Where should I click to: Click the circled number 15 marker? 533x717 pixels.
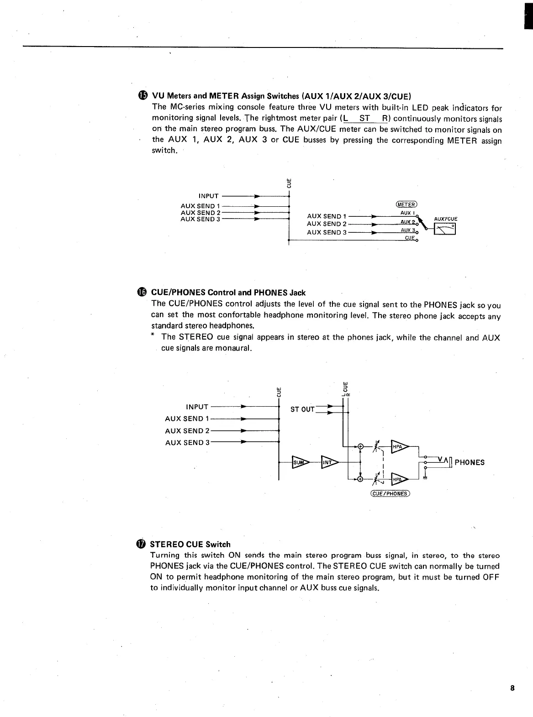(143, 95)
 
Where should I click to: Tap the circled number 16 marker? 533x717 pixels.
(142, 292)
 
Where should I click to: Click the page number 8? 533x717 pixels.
(512, 688)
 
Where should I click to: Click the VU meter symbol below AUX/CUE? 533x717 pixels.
(445, 232)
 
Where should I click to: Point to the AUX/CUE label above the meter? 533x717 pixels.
(445, 219)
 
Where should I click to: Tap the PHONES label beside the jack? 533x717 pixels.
(470, 462)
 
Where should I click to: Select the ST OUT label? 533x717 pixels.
(302, 409)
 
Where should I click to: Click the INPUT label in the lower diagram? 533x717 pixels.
(197, 407)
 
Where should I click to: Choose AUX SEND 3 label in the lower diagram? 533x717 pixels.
(187, 442)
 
